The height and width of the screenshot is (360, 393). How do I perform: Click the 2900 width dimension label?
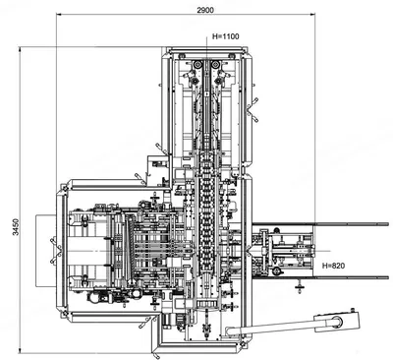205,10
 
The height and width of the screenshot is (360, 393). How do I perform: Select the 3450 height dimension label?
16,227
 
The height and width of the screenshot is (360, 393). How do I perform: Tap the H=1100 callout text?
226,36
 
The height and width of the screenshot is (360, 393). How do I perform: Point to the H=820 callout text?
333,266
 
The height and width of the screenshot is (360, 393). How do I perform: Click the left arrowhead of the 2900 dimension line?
59,14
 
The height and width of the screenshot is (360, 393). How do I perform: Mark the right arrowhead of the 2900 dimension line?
312,14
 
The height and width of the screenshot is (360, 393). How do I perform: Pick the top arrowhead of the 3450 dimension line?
20,49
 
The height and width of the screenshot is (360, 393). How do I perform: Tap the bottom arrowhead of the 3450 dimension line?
20,350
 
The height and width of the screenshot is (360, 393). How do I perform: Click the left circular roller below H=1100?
198,65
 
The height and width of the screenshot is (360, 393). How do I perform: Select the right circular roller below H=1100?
215,65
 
